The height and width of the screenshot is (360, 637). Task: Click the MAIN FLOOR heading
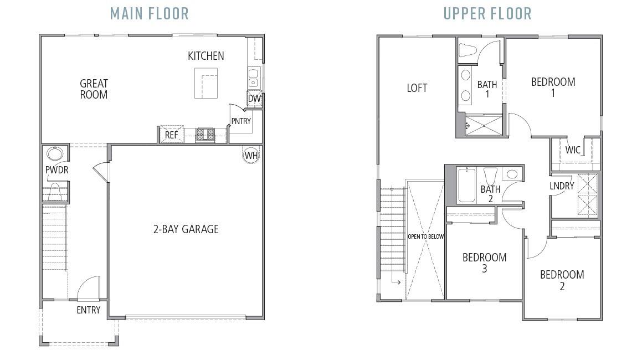tap(149, 13)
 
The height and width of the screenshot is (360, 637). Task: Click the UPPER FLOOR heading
tap(487, 13)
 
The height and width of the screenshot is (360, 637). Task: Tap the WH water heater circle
tap(251, 155)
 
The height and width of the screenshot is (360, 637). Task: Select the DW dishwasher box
tap(254, 99)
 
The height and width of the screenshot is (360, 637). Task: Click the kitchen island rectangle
tap(208, 83)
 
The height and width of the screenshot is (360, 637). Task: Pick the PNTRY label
tap(241, 121)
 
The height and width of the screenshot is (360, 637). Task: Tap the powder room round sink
tap(54, 153)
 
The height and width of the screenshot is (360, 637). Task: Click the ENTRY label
tap(88, 310)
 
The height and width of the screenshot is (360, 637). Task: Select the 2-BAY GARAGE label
tap(186, 229)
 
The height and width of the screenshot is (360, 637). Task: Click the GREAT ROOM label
tap(94, 89)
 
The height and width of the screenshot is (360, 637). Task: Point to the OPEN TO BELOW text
tap(425, 236)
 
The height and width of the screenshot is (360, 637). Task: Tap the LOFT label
tap(417, 88)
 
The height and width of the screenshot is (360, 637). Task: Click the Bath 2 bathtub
tap(466, 186)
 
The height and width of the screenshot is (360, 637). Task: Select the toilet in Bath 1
tap(469, 50)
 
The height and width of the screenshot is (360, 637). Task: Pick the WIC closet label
tap(573, 150)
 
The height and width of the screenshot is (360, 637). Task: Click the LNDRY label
tap(562, 186)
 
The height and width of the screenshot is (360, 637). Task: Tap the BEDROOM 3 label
tap(484, 263)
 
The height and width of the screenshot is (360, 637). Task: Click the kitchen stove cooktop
tap(206, 134)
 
